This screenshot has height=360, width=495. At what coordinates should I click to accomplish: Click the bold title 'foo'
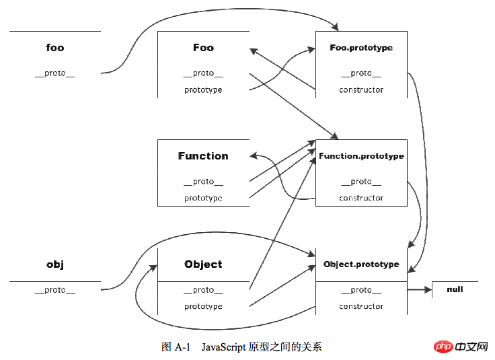(55, 48)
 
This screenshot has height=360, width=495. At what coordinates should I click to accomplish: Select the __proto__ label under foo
(55, 73)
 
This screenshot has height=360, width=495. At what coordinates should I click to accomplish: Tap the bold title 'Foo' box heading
(203, 48)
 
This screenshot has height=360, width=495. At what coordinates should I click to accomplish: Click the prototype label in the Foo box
(203, 89)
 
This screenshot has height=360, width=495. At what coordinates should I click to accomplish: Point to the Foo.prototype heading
(361, 48)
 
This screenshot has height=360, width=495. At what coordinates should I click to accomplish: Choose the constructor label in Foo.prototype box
(361, 89)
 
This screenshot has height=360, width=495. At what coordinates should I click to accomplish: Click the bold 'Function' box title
(203, 156)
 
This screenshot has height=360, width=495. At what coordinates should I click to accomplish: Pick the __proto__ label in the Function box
(203, 182)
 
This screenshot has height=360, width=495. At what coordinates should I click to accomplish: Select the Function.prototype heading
(361, 156)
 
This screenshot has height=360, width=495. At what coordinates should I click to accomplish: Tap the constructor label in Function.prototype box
(361, 198)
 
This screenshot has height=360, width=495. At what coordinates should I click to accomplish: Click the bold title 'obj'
(55, 264)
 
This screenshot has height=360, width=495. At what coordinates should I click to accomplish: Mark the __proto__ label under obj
(55, 290)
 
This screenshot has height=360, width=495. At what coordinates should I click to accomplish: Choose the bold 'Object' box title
(203, 264)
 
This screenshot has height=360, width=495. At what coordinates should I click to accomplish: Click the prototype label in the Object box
(203, 306)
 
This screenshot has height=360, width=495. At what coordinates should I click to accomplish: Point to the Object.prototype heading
(361, 264)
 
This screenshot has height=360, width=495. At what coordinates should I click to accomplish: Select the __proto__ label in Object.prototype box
(361, 290)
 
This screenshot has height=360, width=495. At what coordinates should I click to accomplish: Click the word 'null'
(455, 289)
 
